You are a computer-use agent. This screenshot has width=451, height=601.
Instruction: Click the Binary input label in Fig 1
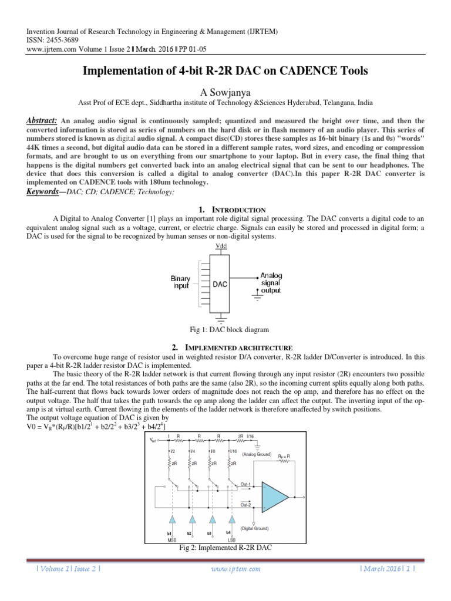(180, 282)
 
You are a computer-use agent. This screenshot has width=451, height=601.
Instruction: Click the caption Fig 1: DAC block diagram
(225, 330)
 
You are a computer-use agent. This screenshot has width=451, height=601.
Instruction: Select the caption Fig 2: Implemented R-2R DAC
(225, 548)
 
